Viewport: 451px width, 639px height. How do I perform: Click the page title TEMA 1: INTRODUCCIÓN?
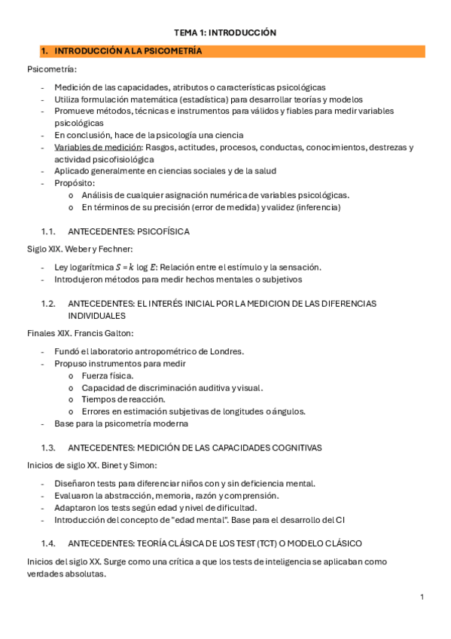tap(225, 32)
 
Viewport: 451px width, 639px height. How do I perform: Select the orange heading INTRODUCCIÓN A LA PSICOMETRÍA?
tap(127, 51)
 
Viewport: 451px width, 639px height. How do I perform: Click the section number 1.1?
tap(49, 231)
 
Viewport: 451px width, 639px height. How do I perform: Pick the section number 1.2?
tap(49, 303)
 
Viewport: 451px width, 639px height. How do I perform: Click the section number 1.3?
tap(49, 447)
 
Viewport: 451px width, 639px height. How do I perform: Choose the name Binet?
tap(108, 466)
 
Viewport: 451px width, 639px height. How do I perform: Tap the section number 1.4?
tap(49, 543)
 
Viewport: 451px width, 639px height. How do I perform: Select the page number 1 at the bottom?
tap(422, 597)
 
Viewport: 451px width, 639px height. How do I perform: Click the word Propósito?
tap(75, 183)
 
